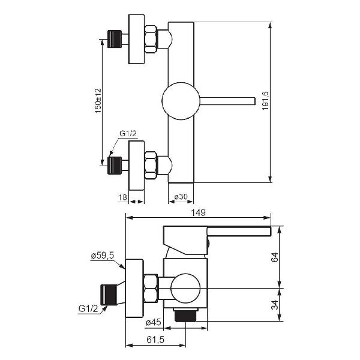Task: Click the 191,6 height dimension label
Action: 265,101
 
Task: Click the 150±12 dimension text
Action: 98,101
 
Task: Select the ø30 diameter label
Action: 181,197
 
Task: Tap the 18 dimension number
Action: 123,197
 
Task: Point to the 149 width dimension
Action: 199,212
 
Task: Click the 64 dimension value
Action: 275,257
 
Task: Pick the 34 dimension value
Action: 275,305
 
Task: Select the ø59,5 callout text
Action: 103,256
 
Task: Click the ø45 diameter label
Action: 154,323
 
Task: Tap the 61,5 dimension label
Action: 155,340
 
